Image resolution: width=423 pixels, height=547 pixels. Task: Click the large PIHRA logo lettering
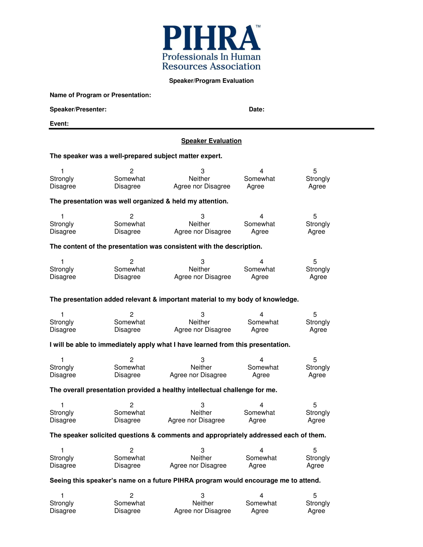coord(211,38)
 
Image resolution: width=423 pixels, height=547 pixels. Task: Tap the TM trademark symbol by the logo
coord(258,26)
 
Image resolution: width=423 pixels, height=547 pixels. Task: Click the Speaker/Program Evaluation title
coord(211,81)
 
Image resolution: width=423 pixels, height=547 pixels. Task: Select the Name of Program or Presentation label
coord(100,95)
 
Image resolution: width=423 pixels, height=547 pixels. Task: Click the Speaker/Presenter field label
coord(78,109)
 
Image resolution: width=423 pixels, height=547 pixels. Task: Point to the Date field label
coord(256,109)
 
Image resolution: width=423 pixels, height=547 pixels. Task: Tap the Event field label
coord(59,124)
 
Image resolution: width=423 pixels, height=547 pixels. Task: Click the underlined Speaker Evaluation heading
coord(211,141)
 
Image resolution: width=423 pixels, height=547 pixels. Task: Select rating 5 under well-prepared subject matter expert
coord(315,171)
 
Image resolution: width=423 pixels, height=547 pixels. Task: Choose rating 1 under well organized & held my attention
coord(62,216)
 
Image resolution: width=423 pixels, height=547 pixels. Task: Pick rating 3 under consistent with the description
coord(203,262)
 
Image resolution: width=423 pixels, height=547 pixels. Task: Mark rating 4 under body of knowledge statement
coord(261,315)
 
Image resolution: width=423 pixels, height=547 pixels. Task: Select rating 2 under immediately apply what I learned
coord(132,360)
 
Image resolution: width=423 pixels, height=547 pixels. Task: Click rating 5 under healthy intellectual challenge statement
coord(315,405)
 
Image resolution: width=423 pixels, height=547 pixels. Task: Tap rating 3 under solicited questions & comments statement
coord(203,451)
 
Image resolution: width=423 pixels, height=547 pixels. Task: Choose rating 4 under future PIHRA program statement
coord(261,496)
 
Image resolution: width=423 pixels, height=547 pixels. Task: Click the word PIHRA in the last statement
coord(183,481)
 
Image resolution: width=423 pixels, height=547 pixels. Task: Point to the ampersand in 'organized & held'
coord(168,201)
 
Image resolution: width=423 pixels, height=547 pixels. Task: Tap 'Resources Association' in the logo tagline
coord(211,66)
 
